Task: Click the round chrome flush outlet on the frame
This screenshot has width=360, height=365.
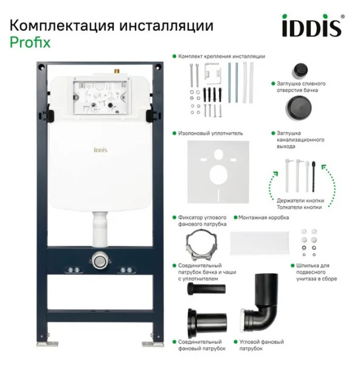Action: (x=100, y=260)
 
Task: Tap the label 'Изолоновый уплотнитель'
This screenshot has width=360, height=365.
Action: (x=210, y=132)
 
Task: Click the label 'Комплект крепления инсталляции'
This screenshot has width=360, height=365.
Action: (x=221, y=56)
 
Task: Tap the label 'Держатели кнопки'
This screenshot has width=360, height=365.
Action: (x=295, y=201)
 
